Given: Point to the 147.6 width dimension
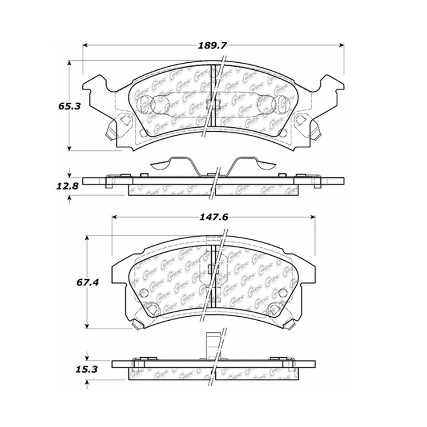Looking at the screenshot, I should [x=213, y=217].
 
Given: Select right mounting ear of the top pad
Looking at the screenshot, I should [x=331, y=91].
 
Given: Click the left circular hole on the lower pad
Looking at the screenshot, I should [x=143, y=292].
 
